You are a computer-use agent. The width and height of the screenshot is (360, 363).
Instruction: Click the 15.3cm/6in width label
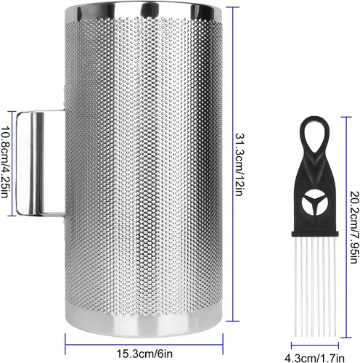click(144, 354)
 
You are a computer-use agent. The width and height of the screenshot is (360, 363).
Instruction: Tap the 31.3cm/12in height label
click(239, 164)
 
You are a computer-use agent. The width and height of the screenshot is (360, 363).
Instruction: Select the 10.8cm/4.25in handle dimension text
click(5, 162)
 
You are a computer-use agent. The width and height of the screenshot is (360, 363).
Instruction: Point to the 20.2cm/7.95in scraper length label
click(355, 227)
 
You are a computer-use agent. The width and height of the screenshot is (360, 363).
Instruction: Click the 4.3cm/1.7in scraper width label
click(314, 358)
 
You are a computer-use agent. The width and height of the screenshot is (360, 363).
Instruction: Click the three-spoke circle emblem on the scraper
click(315, 203)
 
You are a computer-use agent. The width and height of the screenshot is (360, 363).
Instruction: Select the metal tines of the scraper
click(315, 286)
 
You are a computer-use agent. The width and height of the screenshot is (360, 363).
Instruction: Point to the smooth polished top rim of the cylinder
click(144, 12)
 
